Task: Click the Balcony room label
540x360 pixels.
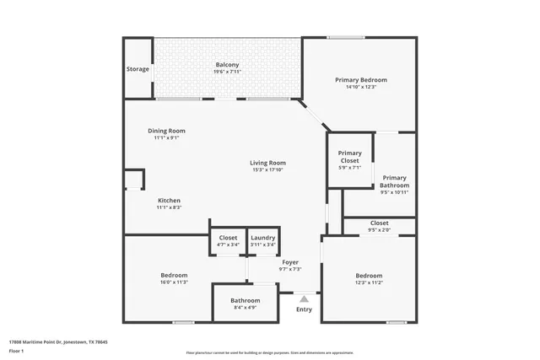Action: click(x=227, y=65)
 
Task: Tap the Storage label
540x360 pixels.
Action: click(x=138, y=69)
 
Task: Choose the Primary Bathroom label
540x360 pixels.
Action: click(x=394, y=181)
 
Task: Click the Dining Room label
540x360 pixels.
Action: click(x=166, y=131)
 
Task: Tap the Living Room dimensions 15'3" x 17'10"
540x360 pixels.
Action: click(x=268, y=169)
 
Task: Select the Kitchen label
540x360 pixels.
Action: click(x=169, y=200)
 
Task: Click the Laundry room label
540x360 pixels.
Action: click(x=263, y=238)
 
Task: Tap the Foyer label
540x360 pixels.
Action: click(x=290, y=262)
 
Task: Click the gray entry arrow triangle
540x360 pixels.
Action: click(x=305, y=298)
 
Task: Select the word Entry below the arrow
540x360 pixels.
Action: click(x=304, y=309)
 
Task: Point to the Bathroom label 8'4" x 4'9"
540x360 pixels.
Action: click(x=245, y=300)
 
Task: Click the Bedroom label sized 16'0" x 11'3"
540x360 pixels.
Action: click(x=174, y=276)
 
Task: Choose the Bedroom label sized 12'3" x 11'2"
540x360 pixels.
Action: click(x=369, y=276)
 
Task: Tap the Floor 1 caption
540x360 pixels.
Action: click(x=16, y=350)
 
